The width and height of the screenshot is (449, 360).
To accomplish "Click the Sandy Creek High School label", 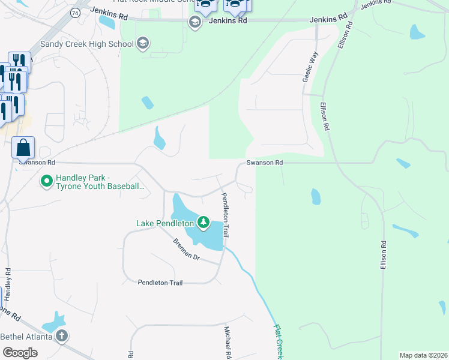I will coord(86,44).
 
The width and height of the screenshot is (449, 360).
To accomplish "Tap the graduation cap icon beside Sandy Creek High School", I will coord(143,43).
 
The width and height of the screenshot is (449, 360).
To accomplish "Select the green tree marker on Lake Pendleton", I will coord(203,223).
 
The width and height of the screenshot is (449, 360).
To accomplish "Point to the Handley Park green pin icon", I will coord(46,180).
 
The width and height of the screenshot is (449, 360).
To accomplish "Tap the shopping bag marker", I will coord(23,148).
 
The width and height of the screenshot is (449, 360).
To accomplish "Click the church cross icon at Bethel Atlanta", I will coord(62,336).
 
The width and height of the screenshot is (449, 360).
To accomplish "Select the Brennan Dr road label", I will coord(185,249).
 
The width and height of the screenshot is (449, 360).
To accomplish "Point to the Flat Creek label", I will coord(280,342).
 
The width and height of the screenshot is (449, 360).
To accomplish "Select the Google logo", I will coord(20,352).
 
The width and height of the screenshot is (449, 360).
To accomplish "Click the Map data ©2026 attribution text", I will coord(423,355).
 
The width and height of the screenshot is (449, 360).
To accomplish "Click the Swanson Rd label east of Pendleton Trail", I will coord(264,163).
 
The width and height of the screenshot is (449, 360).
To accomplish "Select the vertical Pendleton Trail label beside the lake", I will coord(226,215).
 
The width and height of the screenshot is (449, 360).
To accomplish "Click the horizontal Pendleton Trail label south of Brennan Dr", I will coord(160,282).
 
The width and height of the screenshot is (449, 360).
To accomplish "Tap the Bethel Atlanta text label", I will coord(27,336).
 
